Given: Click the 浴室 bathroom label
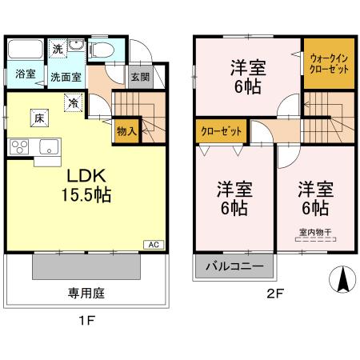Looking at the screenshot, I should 25,74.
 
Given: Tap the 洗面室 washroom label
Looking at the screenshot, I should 66,78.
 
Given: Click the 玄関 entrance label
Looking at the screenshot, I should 139,77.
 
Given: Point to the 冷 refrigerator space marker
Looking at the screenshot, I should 73,102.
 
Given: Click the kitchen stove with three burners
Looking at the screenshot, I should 19,146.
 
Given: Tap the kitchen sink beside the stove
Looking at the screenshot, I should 47,146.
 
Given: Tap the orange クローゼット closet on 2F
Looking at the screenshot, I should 221,131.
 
